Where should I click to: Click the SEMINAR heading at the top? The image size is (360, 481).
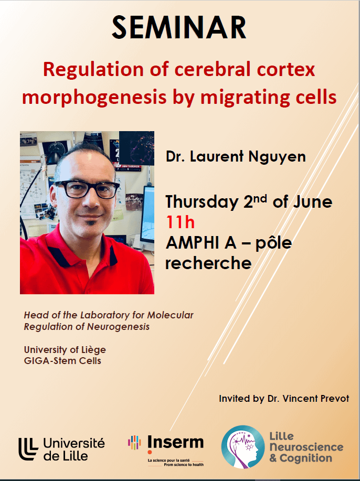tap(179, 27)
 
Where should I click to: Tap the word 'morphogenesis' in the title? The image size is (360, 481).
tap(94, 98)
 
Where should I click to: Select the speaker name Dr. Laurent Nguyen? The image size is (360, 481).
tap(236, 156)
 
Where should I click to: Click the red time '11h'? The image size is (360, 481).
tap(180, 222)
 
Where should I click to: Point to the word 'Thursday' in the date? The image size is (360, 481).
tap(202, 202)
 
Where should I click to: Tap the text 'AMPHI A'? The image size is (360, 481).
tap(201, 243)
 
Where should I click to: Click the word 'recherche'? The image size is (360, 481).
tap(209, 263)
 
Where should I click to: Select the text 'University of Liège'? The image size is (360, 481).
tap(65, 350)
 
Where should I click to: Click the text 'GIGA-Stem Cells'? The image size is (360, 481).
tap(62, 361)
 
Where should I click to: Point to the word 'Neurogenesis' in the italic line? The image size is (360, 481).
tap(119, 327)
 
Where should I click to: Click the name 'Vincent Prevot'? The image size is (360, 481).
tap(316, 399)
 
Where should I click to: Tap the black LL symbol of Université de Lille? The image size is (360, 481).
tap(28, 449)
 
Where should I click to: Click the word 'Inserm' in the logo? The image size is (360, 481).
tap(176, 443)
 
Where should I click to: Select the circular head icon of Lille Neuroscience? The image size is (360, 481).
tap(243, 447)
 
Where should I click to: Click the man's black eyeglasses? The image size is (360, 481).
tap(87, 189)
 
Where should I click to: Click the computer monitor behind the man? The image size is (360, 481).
tap(147, 215)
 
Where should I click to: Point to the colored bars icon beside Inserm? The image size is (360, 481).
tap(134, 442)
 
